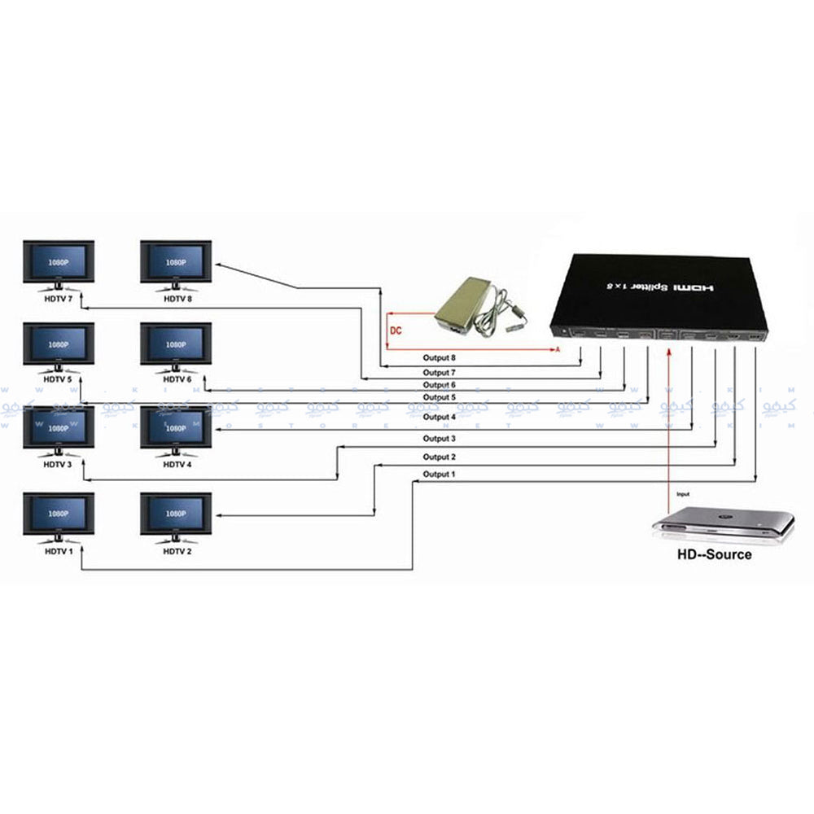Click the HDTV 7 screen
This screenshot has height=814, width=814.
(59, 263)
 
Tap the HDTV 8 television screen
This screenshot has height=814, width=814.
(176, 263)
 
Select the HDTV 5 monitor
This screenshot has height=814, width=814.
(59, 346)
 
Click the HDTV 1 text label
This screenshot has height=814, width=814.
(59, 551)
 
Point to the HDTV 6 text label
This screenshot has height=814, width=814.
(177, 379)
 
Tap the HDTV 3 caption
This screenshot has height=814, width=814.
(59, 464)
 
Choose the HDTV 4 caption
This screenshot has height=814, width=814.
(177, 464)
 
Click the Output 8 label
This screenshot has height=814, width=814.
(439, 357)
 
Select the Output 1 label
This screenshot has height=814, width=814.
(439, 474)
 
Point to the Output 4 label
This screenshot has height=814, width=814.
(439, 417)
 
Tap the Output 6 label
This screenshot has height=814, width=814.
(439, 384)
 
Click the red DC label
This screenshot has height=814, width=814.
(396, 331)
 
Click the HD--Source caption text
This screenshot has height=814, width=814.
(715, 554)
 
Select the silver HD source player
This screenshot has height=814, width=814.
(723, 524)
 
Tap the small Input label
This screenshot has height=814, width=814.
(682, 493)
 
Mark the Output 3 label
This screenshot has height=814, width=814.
(439, 439)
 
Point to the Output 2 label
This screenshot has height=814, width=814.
(439, 457)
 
